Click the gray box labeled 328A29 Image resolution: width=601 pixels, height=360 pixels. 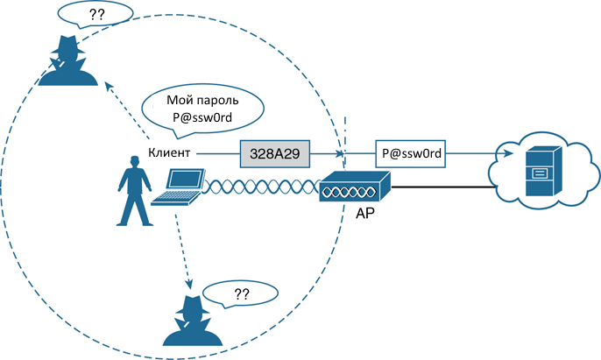275,154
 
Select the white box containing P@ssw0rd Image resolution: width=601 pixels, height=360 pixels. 411,154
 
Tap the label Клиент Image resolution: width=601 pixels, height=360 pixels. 169,152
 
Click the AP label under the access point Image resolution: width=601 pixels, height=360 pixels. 364,213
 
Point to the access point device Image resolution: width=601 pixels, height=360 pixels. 355,187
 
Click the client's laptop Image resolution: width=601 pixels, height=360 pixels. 177,187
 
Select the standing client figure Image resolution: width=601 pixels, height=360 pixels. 134,191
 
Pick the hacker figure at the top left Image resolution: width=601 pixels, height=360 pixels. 68,60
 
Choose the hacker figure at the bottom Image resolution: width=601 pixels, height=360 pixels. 193,321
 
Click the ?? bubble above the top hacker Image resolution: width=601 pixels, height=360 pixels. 95,15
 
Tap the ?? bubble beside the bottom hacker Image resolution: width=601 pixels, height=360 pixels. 241,294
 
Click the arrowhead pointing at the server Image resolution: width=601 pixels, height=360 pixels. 508,153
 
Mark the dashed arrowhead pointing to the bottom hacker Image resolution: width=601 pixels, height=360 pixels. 188,284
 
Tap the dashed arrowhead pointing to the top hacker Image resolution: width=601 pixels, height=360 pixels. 110,86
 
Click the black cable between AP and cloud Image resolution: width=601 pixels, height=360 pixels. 443,187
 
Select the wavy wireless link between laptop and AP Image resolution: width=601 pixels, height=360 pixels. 261,187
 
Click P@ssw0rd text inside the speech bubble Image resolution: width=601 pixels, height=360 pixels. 202,116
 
